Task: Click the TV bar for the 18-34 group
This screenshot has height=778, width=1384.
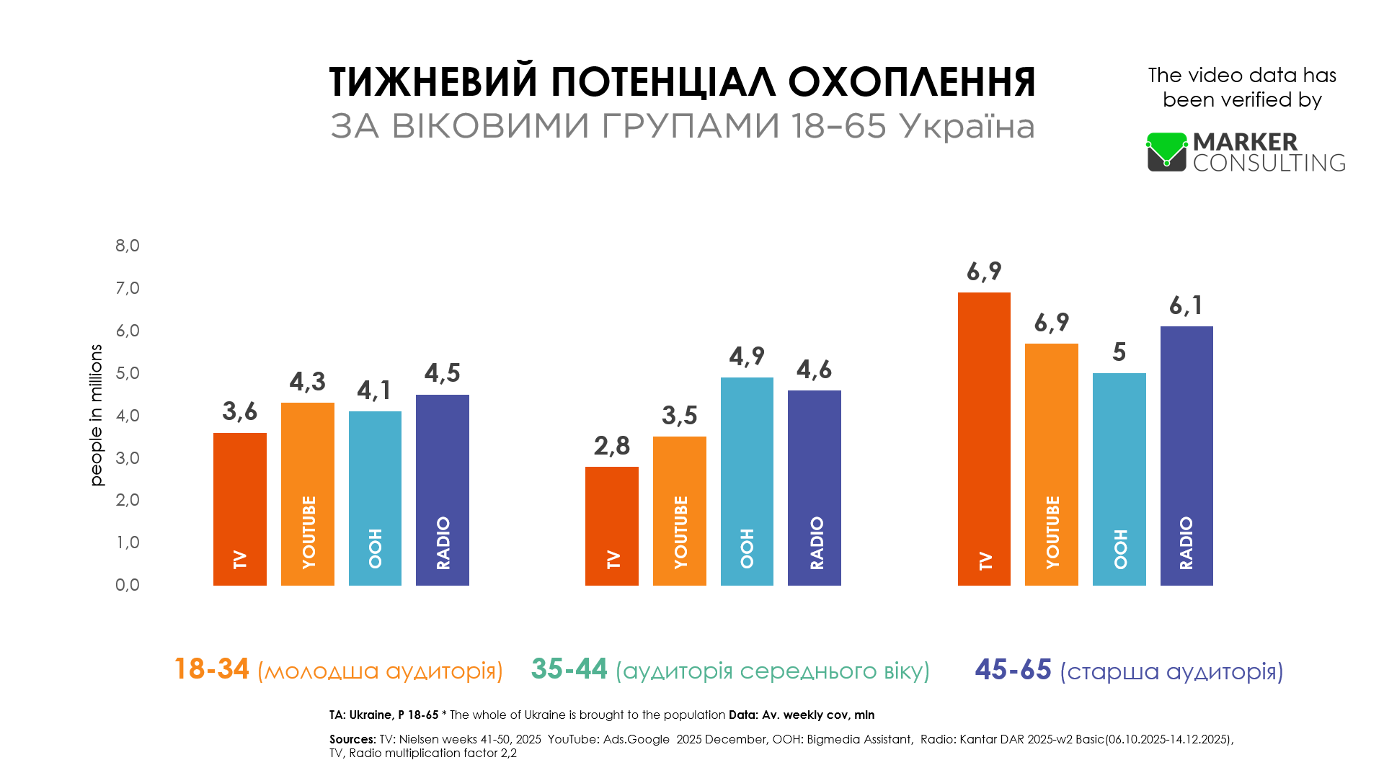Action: pyautogui.click(x=240, y=509)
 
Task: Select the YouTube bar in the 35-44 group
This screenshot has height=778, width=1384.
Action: pyautogui.click(x=680, y=511)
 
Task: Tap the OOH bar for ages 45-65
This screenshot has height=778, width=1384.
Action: pyautogui.click(x=1119, y=479)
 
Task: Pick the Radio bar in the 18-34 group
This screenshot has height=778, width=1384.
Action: pyautogui.click(x=443, y=490)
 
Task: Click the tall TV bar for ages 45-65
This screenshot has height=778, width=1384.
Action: pyautogui.click(x=984, y=439)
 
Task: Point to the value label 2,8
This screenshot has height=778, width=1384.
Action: pyautogui.click(x=612, y=446)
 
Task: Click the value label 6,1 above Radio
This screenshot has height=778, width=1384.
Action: pyautogui.click(x=1186, y=305)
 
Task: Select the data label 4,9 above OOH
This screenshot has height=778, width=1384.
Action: pyautogui.click(x=747, y=357)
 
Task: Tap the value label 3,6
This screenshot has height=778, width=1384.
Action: pyautogui.click(x=240, y=411)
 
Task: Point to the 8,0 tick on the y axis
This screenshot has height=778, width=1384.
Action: pyautogui.click(x=128, y=246)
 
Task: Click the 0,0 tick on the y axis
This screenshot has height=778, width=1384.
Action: pyautogui.click(x=128, y=585)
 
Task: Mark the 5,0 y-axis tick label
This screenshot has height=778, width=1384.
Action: pyautogui.click(x=128, y=373)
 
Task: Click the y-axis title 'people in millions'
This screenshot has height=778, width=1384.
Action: pyautogui.click(x=96, y=415)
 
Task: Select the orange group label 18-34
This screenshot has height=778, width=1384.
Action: pyautogui.click(x=212, y=669)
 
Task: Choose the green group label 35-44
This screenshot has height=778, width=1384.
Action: pyautogui.click(x=569, y=669)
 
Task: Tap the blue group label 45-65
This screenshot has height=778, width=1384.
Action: pyautogui.click(x=1013, y=670)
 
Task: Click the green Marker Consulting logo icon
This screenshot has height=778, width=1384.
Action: pyautogui.click(x=1167, y=151)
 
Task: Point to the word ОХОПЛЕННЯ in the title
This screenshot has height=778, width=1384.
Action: pyautogui.click(x=912, y=81)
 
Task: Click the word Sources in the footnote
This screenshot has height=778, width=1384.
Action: pyautogui.click(x=352, y=739)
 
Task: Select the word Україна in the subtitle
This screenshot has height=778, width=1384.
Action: pyautogui.click(x=967, y=126)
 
